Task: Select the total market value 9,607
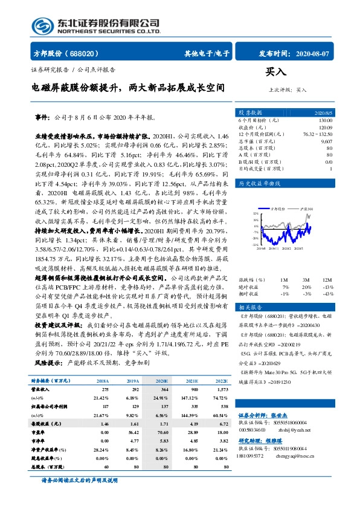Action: click(327, 141)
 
